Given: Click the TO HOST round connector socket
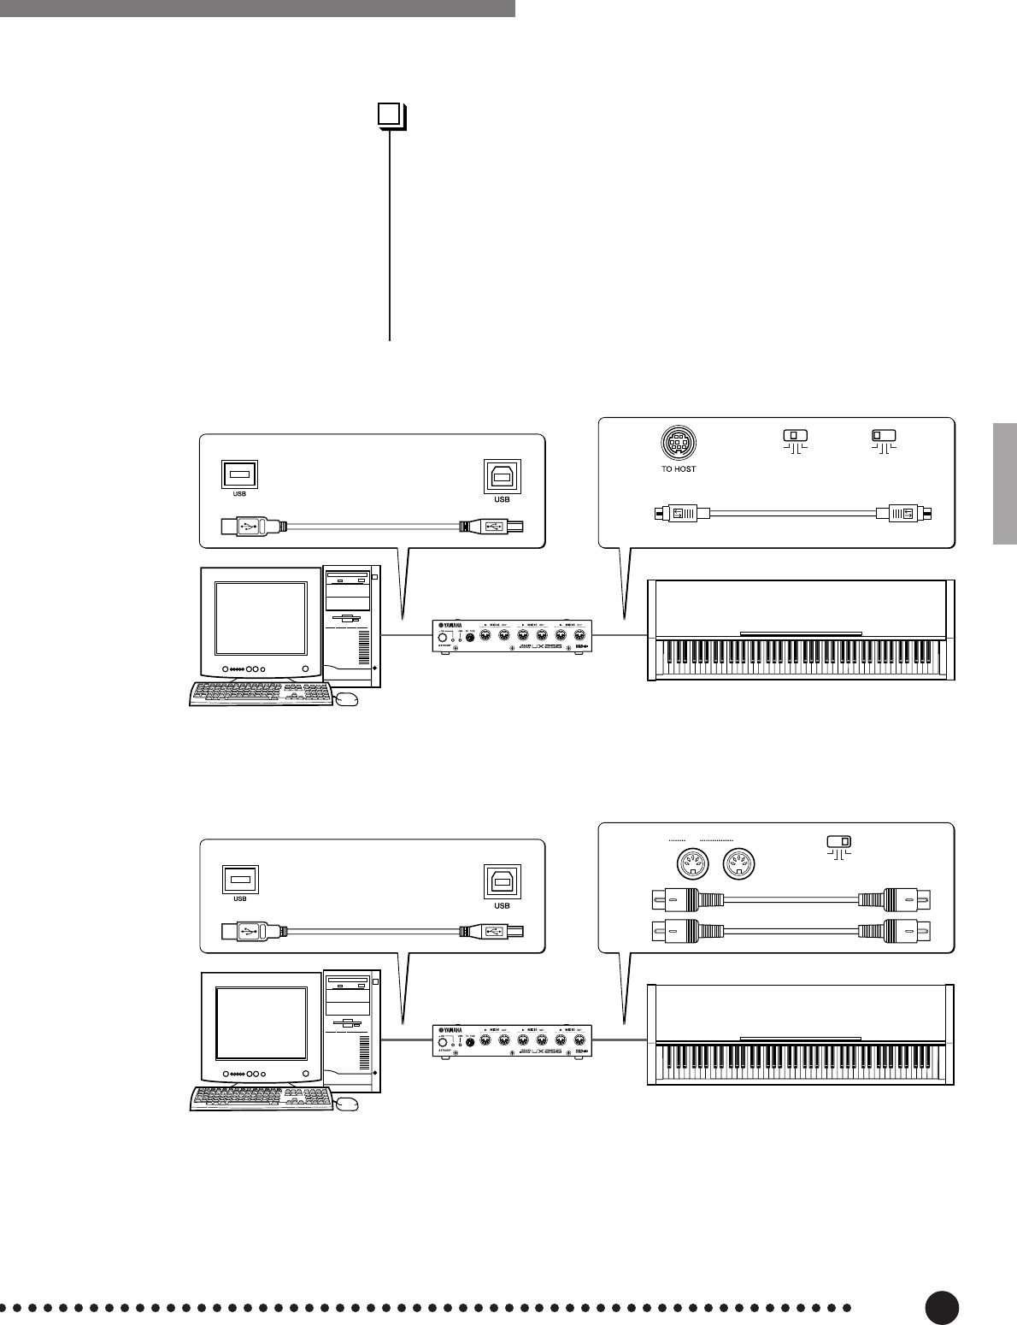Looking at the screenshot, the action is click(x=679, y=444).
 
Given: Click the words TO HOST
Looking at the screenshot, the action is click(x=679, y=468).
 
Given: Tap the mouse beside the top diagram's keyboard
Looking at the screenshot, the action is click(x=347, y=699).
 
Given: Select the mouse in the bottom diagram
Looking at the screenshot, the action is click(x=347, y=1104).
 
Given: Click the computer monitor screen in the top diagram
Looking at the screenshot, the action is click(x=261, y=617).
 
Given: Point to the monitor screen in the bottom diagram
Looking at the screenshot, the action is click(x=261, y=1022).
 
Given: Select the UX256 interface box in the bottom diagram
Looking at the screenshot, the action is click(x=509, y=1041).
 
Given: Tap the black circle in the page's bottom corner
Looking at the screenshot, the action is click(x=941, y=1307).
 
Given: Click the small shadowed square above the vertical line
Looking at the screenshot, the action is click(x=390, y=115).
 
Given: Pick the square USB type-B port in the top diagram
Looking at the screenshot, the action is click(x=502, y=477).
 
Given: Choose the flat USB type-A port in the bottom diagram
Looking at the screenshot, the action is click(x=240, y=880).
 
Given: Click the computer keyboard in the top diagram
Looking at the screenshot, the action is click(x=260, y=694).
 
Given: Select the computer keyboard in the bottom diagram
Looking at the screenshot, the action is click(x=260, y=1098).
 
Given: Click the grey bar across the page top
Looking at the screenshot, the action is click(x=256, y=8).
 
